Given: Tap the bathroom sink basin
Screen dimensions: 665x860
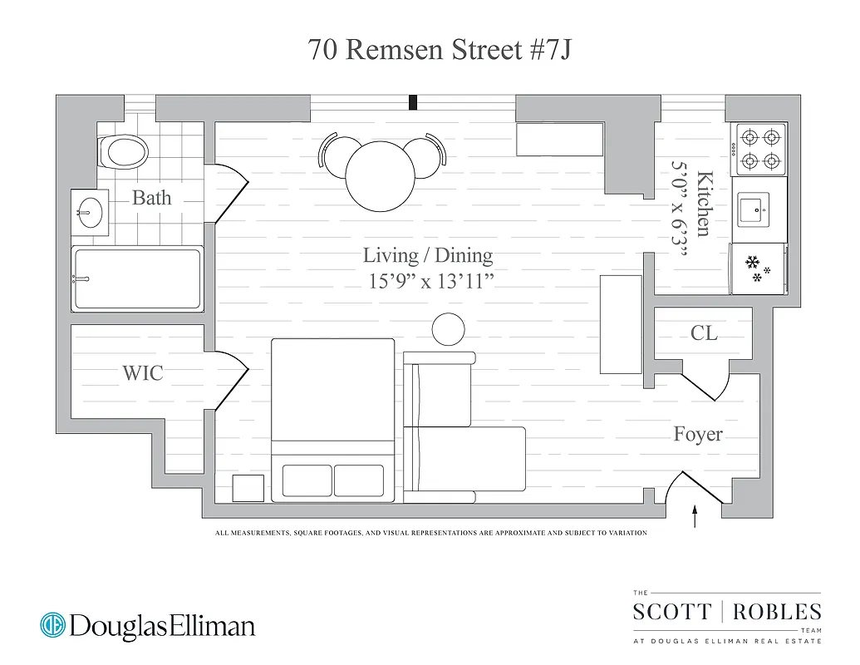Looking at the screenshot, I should point(90,212).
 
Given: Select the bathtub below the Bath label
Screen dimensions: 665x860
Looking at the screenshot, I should point(137,278).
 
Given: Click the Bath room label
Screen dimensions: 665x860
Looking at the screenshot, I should point(152,198).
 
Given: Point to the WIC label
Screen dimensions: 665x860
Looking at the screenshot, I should point(143,373).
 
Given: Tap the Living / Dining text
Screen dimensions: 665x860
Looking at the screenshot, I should point(428,255).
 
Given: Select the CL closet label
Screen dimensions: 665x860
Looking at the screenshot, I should point(704,333).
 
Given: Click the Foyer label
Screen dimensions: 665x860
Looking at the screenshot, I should point(697,434).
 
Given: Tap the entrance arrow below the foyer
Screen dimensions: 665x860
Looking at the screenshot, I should point(695,515).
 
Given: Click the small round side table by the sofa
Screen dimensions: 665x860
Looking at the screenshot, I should point(449,329).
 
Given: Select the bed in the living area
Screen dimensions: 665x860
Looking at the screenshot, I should point(332,420).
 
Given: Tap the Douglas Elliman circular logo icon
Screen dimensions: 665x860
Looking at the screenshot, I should point(53,625).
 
